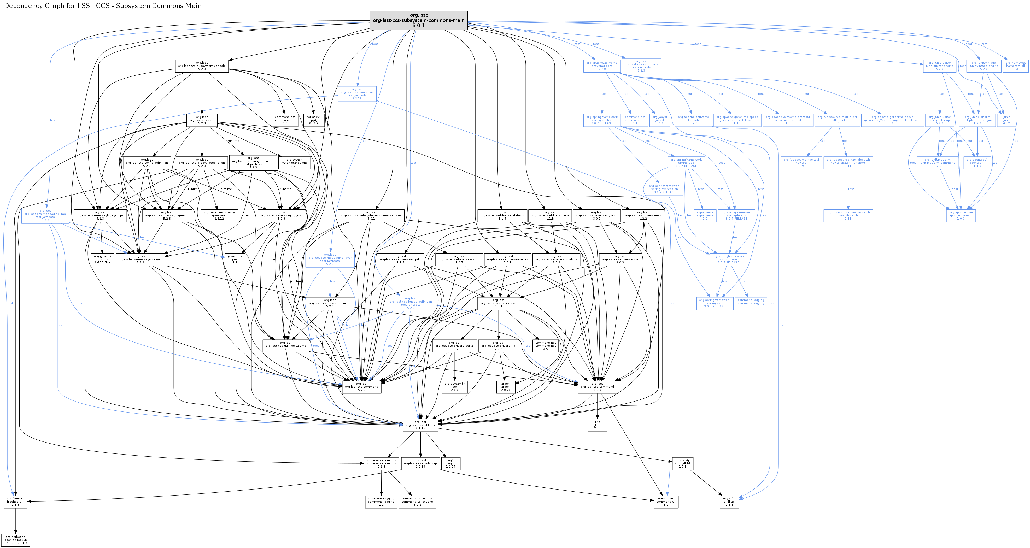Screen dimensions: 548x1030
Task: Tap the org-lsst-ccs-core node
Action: [x=202, y=120]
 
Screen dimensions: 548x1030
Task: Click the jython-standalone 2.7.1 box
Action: [x=294, y=163]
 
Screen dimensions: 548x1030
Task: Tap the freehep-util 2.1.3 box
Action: [x=15, y=502]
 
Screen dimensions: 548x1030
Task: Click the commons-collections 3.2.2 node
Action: [x=417, y=502]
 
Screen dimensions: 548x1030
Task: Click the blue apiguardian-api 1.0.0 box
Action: [x=961, y=215]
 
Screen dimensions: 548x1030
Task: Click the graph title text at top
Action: [x=103, y=5]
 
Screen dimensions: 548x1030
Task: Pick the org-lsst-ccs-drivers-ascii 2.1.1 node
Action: [x=498, y=303]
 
